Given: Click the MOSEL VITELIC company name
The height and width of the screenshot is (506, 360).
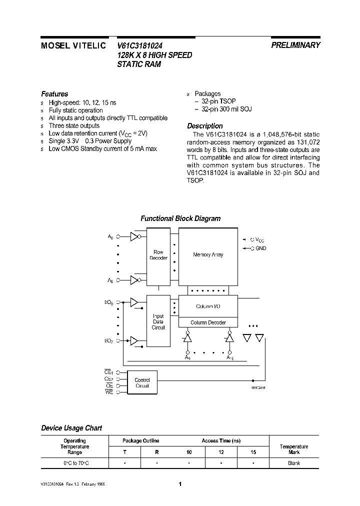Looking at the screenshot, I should pyautogui.click(x=72, y=45).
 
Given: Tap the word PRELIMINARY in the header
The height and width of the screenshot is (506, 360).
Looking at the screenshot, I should pyautogui.click(x=295, y=45).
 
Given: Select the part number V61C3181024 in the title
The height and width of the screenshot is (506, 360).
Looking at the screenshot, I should pyautogui.click(x=139, y=45).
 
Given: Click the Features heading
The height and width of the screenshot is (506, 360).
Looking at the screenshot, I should pyautogui.click(x=54, y=94).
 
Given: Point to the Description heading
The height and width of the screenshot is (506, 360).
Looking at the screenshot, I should pyautogui.click(x=204, y=126).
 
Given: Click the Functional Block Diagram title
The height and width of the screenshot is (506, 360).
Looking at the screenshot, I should pyautogui.click(x=180, y=218).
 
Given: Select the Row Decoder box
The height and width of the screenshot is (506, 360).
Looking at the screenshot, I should pyautogui.click(x=158, y=255).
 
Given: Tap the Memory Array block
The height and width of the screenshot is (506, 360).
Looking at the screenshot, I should pyautogui.click(x=208, y=255).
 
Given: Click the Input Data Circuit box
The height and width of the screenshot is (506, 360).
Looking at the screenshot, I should pyautogui.click(x=158, y=321).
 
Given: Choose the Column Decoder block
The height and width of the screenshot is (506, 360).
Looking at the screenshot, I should pyautogui.click(x=208, y=322).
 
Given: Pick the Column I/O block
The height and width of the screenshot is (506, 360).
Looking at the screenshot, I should pyautogui.click(x=208, y=306).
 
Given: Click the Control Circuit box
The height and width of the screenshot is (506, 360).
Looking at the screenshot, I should pyautogui.click(x=142, y=383).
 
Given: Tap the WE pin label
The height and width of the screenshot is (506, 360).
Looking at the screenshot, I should pyautogui.click(x=108, y=392).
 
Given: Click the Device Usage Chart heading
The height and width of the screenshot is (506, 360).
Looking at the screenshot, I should pyautogui.click(x=71, y=428).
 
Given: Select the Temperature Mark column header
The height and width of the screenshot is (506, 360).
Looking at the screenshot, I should pyautogui.click(x=294, y=449).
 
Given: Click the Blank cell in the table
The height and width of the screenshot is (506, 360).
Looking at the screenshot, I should pyautogui.click(x=294, y=463).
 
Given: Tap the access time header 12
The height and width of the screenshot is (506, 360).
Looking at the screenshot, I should pyautogui.click(x=221, y=452).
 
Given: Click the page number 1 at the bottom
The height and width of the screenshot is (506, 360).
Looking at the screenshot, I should pyautogui.click(x=180, y=484).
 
